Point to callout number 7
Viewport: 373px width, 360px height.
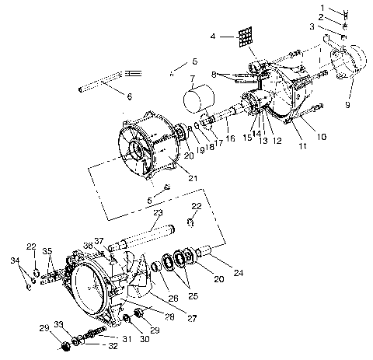point(191,79)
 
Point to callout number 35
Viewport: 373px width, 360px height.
point(47,252)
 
